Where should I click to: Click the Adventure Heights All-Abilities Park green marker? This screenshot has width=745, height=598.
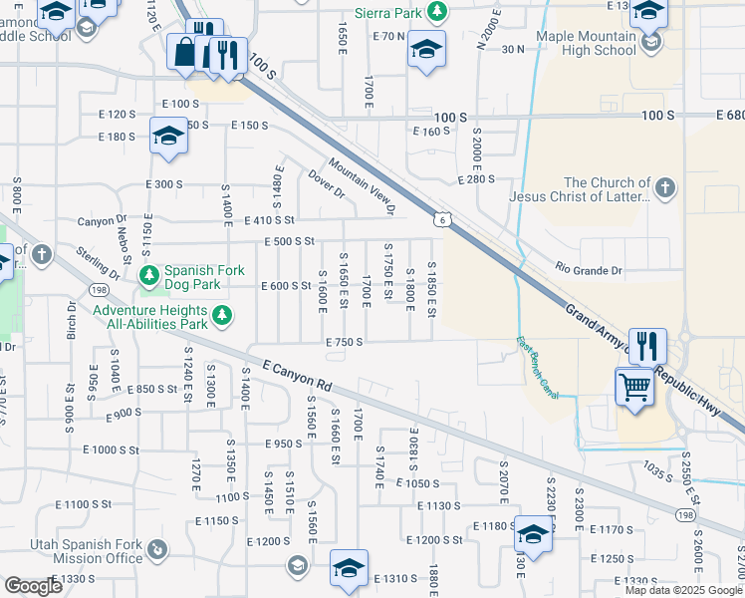(222, 317)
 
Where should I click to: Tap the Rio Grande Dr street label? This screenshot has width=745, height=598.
(588, 270)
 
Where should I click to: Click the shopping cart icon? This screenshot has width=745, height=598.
(634, 386)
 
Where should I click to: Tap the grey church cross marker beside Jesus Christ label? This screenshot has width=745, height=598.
(664, 186)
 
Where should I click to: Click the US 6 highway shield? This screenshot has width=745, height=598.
(439, 218)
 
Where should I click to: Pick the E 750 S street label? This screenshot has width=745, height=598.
(343, 341)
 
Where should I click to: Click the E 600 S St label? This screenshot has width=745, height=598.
(286, 286)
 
